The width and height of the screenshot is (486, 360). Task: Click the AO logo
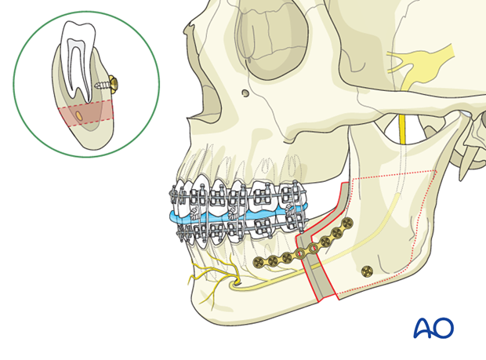433,327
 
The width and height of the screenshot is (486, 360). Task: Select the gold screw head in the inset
114,81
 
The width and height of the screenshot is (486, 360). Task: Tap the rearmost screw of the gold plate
346,225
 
